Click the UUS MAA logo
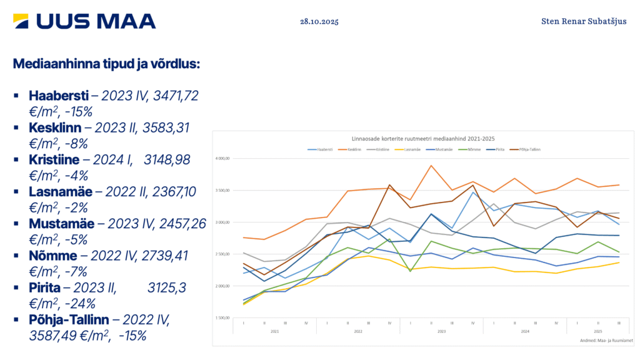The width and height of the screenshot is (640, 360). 85,21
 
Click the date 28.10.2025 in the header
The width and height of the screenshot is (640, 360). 319,21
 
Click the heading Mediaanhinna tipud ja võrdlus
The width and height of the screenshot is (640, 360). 106,64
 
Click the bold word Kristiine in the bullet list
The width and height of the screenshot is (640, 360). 55,160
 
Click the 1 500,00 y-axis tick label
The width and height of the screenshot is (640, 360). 222,318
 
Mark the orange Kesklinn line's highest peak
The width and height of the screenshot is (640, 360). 431,166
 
